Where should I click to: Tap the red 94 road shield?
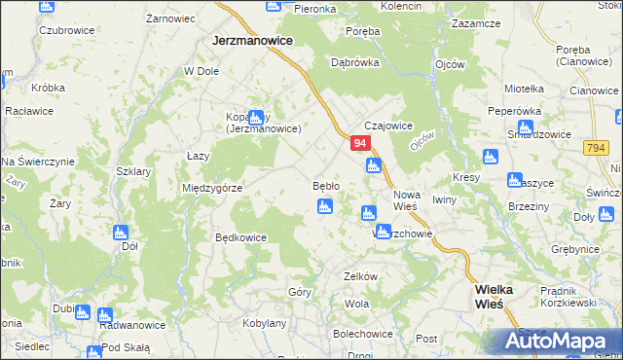click(x=360, y=143)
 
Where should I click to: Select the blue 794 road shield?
click(x=597, y=147)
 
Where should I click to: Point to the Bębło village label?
click(x=325, y=185)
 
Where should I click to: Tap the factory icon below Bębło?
click(x=325, y=205)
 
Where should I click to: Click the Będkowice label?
click(x=240, y=236)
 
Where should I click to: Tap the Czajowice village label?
click(x=388, y=126)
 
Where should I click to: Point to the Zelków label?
click(x=359, y=276)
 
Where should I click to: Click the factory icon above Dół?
click(x=121, y=233)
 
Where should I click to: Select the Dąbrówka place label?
click(x=354, y=61)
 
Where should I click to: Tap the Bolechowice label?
click(x=363, y=333)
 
